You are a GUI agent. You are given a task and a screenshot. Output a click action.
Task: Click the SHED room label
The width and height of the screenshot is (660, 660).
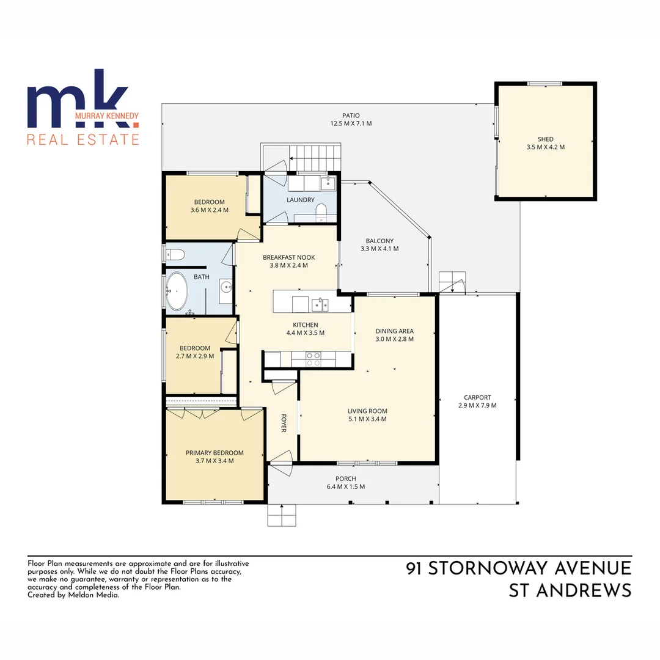545,139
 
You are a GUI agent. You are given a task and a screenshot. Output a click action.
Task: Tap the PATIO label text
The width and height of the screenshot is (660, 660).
351,116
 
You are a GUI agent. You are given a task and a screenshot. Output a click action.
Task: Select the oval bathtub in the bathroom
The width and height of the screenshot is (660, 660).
177,291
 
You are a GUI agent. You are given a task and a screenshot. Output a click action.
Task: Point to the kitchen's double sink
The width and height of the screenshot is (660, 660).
319,304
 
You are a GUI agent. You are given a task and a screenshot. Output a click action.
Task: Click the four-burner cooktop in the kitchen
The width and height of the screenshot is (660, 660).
313,359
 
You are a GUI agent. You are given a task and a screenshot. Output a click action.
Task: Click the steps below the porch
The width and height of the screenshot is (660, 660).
282,515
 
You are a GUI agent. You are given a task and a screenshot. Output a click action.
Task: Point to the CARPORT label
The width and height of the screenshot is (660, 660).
477,397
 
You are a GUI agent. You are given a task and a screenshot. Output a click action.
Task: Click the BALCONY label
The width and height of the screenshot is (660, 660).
380,241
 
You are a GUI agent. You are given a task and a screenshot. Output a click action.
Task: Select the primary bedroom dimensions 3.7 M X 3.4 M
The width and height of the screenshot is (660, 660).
215,461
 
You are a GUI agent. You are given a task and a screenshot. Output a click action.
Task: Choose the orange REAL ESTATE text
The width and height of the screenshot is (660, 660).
83,139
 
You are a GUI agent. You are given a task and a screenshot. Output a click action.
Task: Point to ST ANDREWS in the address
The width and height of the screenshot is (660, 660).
570,590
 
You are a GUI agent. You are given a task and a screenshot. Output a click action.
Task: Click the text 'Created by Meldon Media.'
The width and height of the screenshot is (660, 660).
73,594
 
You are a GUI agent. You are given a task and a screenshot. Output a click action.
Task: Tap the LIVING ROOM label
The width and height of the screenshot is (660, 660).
367,411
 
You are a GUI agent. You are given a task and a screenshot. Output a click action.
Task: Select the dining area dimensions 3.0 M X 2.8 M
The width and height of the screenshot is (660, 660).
394,339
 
